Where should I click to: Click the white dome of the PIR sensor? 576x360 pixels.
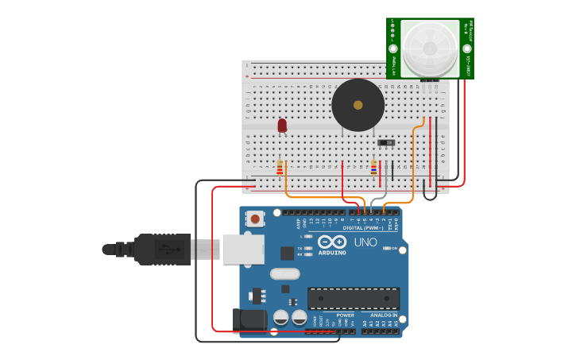429,48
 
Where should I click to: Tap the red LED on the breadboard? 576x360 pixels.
282,126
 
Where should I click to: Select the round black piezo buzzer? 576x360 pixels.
358,105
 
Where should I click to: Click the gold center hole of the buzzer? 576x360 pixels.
358,105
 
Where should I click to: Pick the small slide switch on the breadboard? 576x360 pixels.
386,143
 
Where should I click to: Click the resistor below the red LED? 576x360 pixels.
280,167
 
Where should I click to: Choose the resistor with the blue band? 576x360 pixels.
373,167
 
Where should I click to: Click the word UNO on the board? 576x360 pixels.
365,242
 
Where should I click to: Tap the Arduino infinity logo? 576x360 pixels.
332,242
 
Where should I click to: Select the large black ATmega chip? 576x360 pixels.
354,299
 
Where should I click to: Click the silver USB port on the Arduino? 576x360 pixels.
243,249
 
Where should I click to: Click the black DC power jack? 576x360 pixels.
248,320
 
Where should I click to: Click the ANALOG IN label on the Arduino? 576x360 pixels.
383,315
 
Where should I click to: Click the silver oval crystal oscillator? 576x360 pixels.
284,274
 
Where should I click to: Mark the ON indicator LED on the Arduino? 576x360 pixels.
386,249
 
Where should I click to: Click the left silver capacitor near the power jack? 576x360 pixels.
280,318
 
